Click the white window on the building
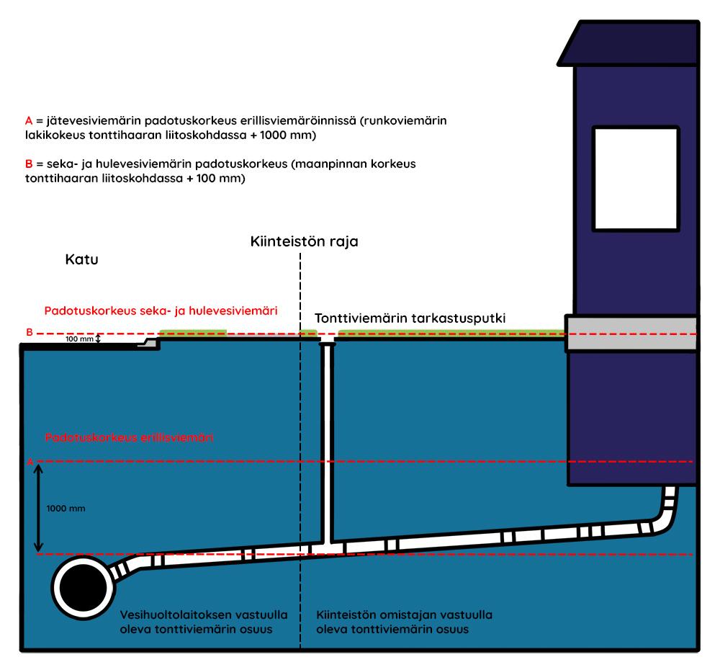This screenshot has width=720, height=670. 636,179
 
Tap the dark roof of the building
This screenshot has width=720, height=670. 628,43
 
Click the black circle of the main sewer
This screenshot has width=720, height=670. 83,588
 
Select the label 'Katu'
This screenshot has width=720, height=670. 82,259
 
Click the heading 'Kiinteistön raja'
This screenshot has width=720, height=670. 304,242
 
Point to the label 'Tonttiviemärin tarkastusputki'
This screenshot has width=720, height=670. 410,318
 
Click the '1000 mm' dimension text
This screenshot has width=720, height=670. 66,509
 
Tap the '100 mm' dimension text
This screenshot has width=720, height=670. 79,339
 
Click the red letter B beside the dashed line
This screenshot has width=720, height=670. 30,332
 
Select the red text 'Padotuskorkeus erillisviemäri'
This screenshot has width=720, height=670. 129,437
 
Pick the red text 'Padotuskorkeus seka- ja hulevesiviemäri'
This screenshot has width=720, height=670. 161,311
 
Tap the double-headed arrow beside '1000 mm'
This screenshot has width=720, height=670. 39,508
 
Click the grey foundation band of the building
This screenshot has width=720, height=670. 632,334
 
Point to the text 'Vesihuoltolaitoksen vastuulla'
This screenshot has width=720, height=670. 204,615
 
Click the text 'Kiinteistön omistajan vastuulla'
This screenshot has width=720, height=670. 404,615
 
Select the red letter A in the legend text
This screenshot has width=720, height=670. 29,121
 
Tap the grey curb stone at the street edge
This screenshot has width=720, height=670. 148,343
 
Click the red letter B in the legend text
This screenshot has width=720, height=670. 29,164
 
